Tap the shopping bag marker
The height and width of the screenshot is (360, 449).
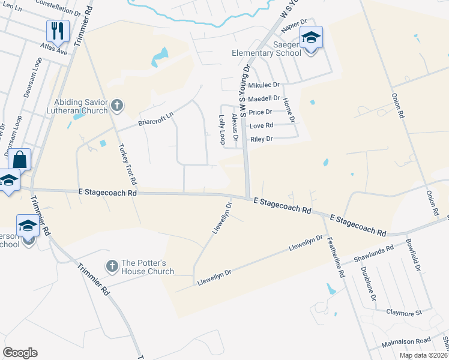(19, 160)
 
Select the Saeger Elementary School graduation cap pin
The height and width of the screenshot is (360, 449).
(311, 37)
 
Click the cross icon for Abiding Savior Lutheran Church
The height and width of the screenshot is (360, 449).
(116, 106)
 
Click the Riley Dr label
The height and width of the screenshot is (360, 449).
(261, 139)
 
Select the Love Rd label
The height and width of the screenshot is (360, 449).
(261, 125)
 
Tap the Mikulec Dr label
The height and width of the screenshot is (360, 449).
(264, 85)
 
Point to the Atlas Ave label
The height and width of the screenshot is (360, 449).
(54, 52)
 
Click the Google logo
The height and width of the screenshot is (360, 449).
(20, 353)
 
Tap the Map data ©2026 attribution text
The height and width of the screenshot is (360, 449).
(423, 355)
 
